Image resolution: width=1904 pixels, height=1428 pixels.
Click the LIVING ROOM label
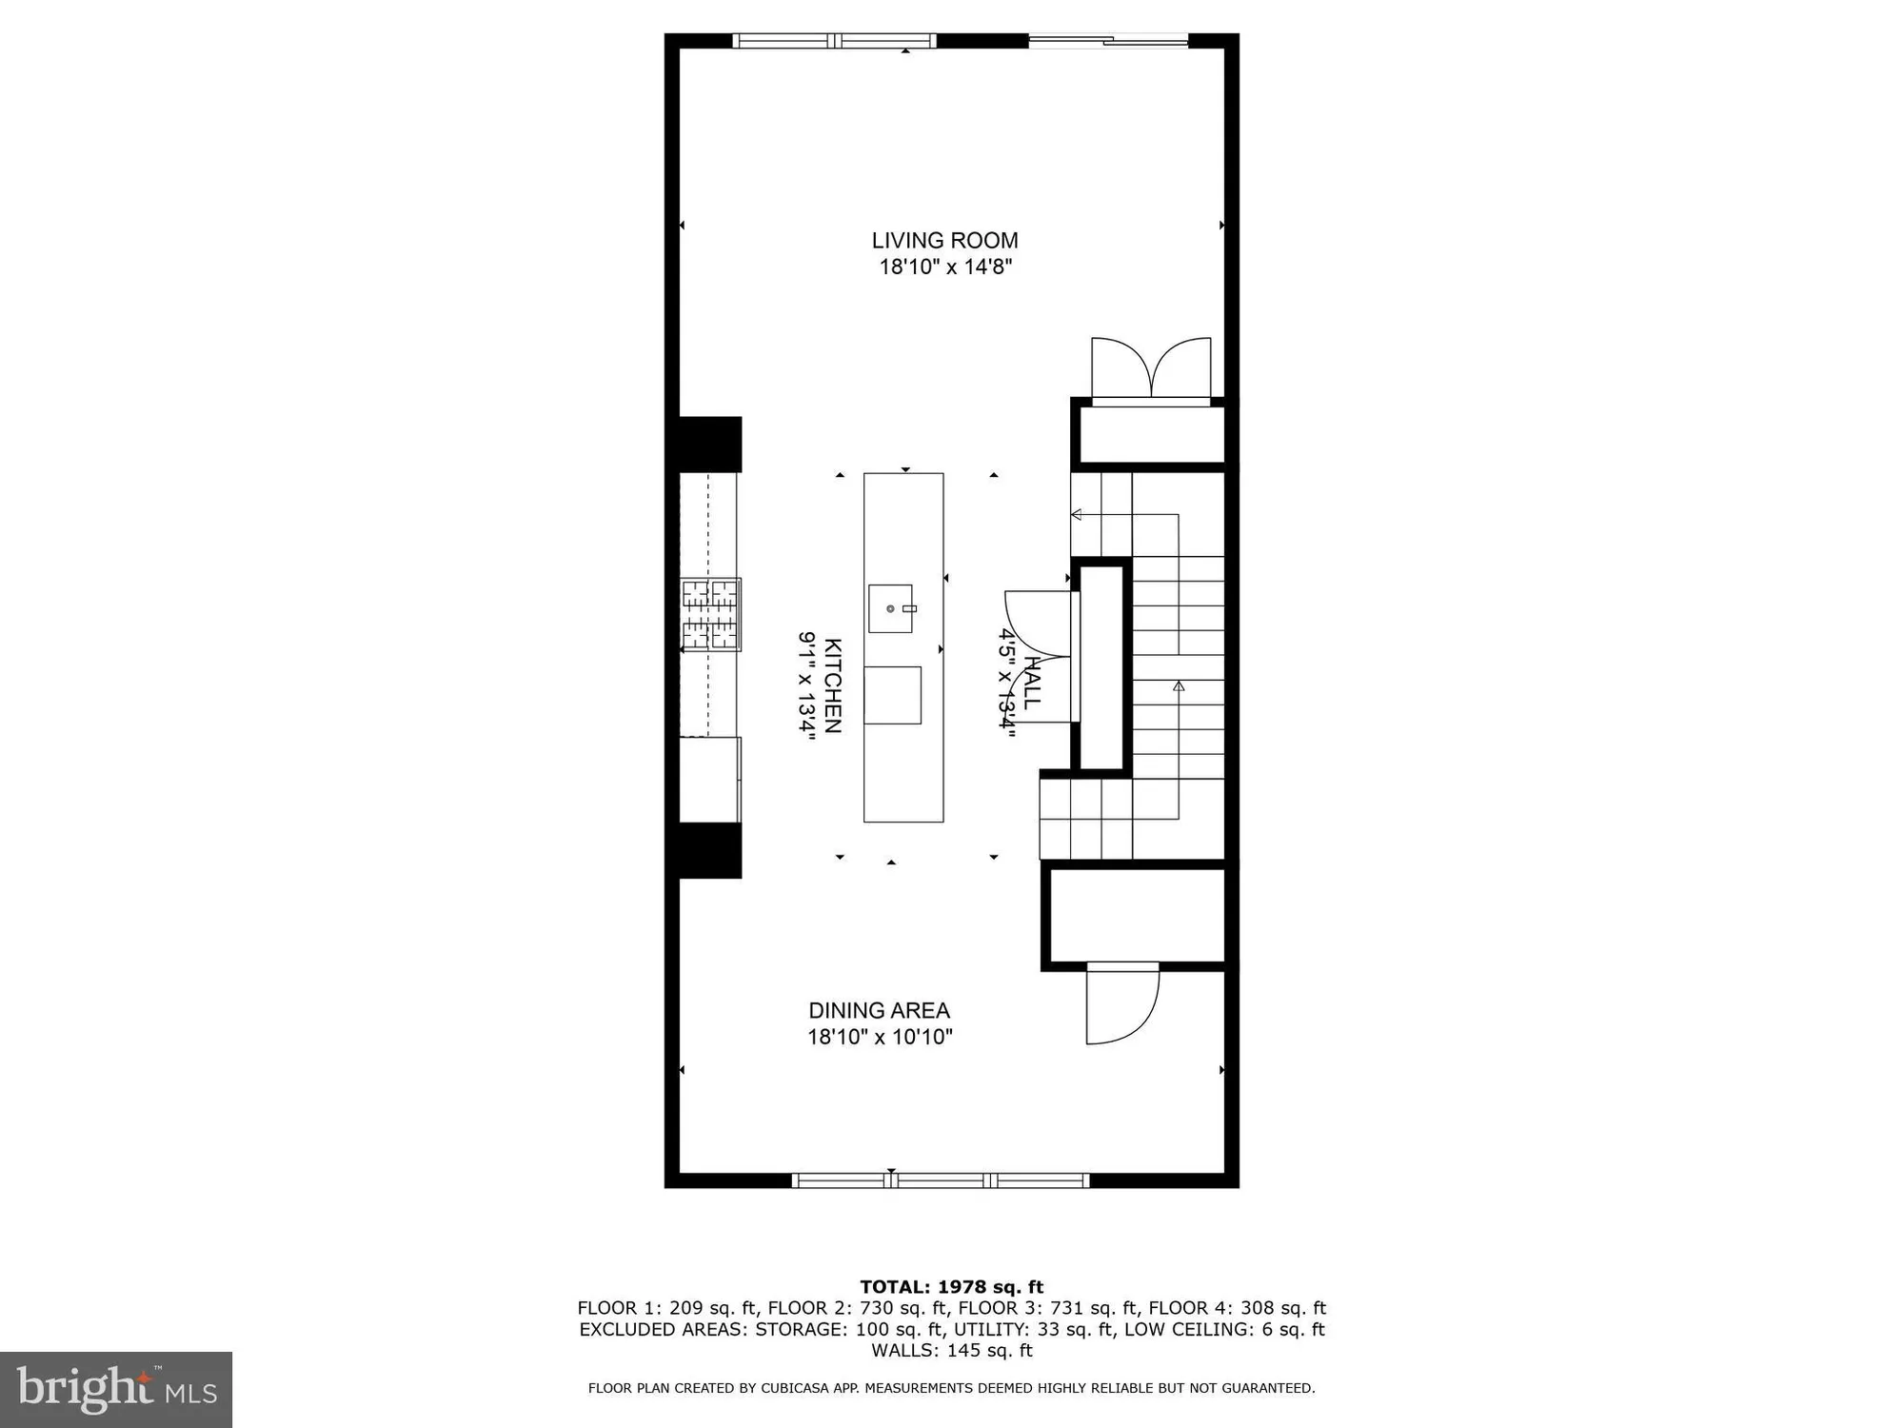point(944,241)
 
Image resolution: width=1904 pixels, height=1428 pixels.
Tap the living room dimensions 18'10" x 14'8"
point(944,268)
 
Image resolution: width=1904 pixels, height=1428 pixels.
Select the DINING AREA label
point(879,1010)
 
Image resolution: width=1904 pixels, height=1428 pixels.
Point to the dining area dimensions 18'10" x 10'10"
point(880,1037)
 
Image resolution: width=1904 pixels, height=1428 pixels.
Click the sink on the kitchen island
point(890,608)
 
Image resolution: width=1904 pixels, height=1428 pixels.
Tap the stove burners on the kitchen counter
point(711,615)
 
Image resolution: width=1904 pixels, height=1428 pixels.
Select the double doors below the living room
point(1151,369)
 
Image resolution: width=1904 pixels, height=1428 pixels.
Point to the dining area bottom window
point(940,1180)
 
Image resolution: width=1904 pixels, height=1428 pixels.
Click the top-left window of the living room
point(834,41)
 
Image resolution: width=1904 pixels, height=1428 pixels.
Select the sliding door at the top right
point(1108,41)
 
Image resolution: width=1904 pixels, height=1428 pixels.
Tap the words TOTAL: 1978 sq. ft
point(951,1287)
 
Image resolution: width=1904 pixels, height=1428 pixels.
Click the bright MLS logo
point(115,1389)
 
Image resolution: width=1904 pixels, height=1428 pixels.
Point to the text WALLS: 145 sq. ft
point(951,1350)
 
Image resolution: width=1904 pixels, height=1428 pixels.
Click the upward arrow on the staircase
point(1179,685)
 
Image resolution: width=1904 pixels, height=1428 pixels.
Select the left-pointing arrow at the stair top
point(1077,515)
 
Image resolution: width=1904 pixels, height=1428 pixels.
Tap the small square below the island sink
point(892,695)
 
